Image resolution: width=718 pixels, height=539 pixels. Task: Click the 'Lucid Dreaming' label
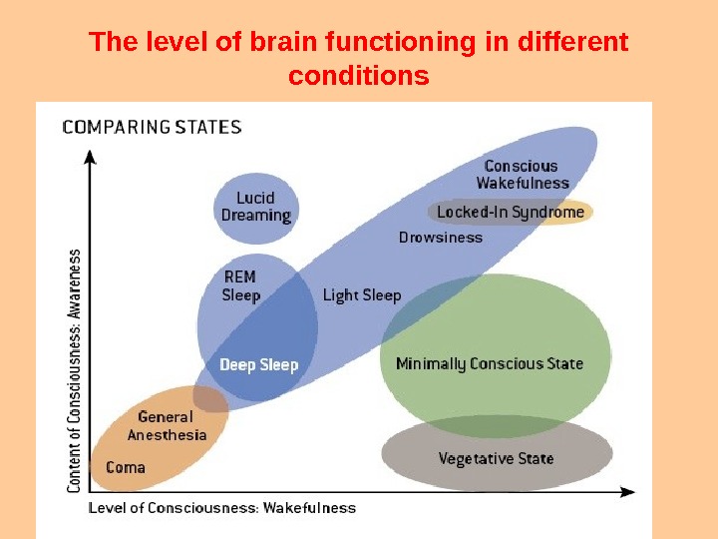(256, 207)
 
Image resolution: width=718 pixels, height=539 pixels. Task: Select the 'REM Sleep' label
(240, 286)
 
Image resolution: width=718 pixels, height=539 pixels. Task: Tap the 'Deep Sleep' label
(258, 365)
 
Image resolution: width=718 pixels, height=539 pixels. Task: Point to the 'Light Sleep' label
(361, 295)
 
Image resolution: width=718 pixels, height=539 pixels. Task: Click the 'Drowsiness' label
(440, 238)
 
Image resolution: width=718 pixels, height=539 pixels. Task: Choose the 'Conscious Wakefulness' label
(522, 175)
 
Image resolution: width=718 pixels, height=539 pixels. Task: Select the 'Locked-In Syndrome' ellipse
(511, 212)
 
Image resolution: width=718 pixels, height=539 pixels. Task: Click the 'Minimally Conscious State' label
(489, 363)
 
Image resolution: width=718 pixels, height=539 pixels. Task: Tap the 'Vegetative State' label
(496, 459)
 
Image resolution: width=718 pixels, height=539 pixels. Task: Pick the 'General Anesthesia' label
(167, 426)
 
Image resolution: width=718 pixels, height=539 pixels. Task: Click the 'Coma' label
(126, 467)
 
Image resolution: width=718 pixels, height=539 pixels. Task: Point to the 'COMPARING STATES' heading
(152, 128)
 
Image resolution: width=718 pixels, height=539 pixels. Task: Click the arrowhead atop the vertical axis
(92, 157)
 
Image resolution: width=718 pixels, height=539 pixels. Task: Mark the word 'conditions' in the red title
(358, 75)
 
